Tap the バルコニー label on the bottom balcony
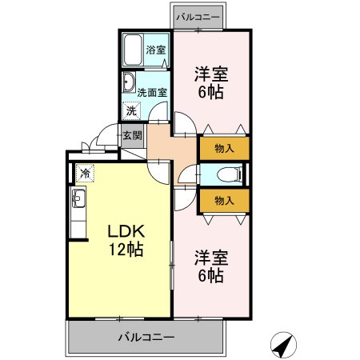[x=146, y=337]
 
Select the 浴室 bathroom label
[x=155, y=50]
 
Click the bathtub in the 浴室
[x=133, y=50]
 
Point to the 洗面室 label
[x=152, y=92]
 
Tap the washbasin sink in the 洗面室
[x=128, y=83]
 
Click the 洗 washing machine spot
[x=129, y=112]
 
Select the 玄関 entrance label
[x=131, y=135]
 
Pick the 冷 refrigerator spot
[x=83, y=172]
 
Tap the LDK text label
[x=126, y=231]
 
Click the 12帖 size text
[x=126, y=250]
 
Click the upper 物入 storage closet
[x=224, y=148]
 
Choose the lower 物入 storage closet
[x=224, y=200]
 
